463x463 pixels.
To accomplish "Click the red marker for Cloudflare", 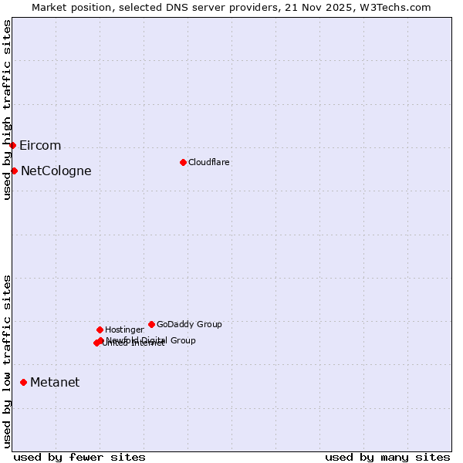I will (183, 162).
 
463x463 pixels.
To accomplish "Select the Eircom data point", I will (12, 145).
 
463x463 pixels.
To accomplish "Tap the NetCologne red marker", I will (14, 171).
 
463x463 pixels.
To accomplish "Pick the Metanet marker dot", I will (23, 382).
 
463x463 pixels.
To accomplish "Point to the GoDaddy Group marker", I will (151, 324).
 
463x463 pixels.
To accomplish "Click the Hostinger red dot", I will (100, 330).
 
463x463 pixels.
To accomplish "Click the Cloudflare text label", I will (208, 162).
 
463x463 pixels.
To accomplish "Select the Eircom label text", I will (40, 145).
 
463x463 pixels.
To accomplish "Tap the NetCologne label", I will (56, 171).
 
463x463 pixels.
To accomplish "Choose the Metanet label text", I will (55, 382).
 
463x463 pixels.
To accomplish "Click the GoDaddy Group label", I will (189, 324).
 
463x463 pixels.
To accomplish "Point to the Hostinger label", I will (124, 330).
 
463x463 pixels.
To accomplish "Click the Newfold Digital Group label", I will (151, 340).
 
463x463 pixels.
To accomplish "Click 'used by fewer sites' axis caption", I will (79, 457).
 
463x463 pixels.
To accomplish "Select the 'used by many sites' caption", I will (387, 457).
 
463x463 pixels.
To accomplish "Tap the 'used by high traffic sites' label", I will (7, 110).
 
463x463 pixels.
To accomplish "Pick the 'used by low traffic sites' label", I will (7, 360).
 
